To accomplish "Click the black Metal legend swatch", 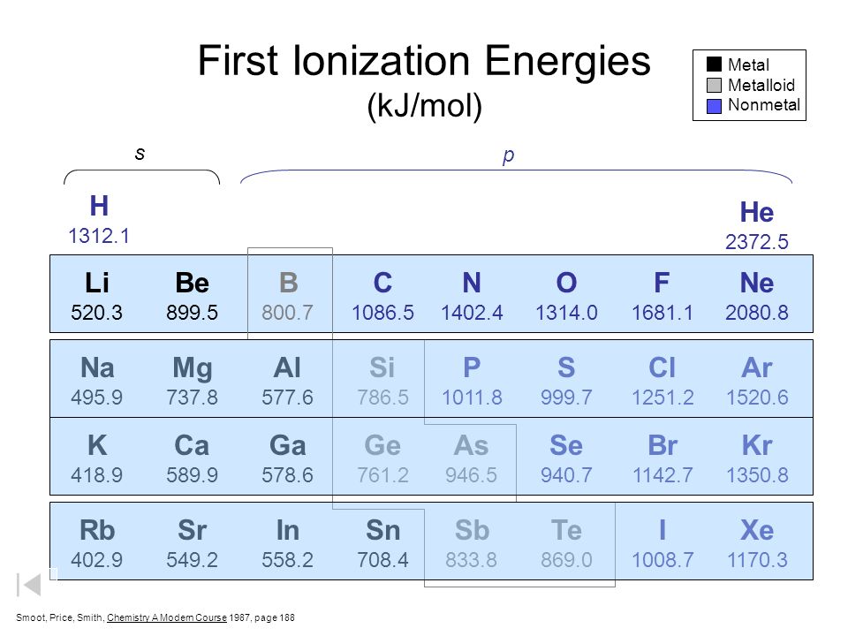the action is pos(714,64).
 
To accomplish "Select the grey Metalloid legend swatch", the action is pos(714,86).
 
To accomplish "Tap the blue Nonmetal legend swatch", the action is pos(714,106).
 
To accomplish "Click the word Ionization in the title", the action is pos(382,60).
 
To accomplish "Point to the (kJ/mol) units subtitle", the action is pos(425,105).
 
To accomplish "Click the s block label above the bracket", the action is pos(140,154).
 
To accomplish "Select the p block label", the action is pos(508,155).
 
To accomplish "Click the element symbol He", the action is pos(757,212).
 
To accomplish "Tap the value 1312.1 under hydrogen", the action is pos(99,236).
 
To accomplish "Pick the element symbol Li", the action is pos(97,283).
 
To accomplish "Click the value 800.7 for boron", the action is pos(287,313).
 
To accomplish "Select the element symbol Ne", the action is pos(757,283).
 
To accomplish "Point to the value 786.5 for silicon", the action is pos(382,397).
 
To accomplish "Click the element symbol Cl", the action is pos(662,367).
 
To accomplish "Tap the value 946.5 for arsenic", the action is pos(471,475).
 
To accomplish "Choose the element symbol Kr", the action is pos(757,445).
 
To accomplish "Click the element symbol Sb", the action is pos(472,530).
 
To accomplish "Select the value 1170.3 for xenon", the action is pos(757,560).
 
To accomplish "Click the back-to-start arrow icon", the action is pos(29,585).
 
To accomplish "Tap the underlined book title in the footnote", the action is pos(167,617).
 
